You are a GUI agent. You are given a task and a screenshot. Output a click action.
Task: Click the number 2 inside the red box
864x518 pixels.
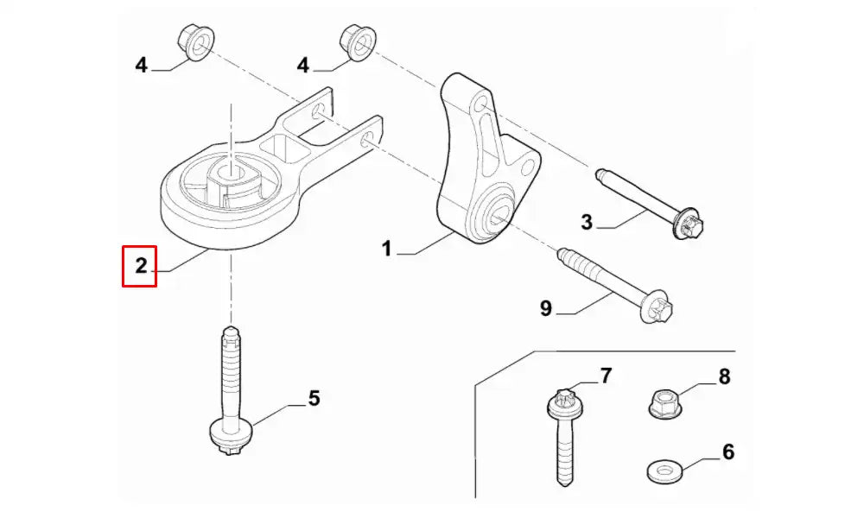[x=140, y=265]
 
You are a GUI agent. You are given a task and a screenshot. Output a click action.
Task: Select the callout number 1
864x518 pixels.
[x=387, y=249]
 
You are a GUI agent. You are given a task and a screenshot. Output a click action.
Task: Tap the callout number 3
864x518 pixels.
[x=587, y=223]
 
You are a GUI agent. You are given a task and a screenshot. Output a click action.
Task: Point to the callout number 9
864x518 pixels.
[x=546, y=307]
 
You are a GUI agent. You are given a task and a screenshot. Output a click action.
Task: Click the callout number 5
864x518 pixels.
[x=314, y=398]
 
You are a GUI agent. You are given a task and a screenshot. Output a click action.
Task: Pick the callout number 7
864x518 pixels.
[x=606, y=376]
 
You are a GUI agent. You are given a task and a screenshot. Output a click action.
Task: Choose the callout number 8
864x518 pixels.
[x=724, y=376]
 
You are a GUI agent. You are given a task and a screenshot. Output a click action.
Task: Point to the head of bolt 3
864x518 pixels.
[x=694, y=225]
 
